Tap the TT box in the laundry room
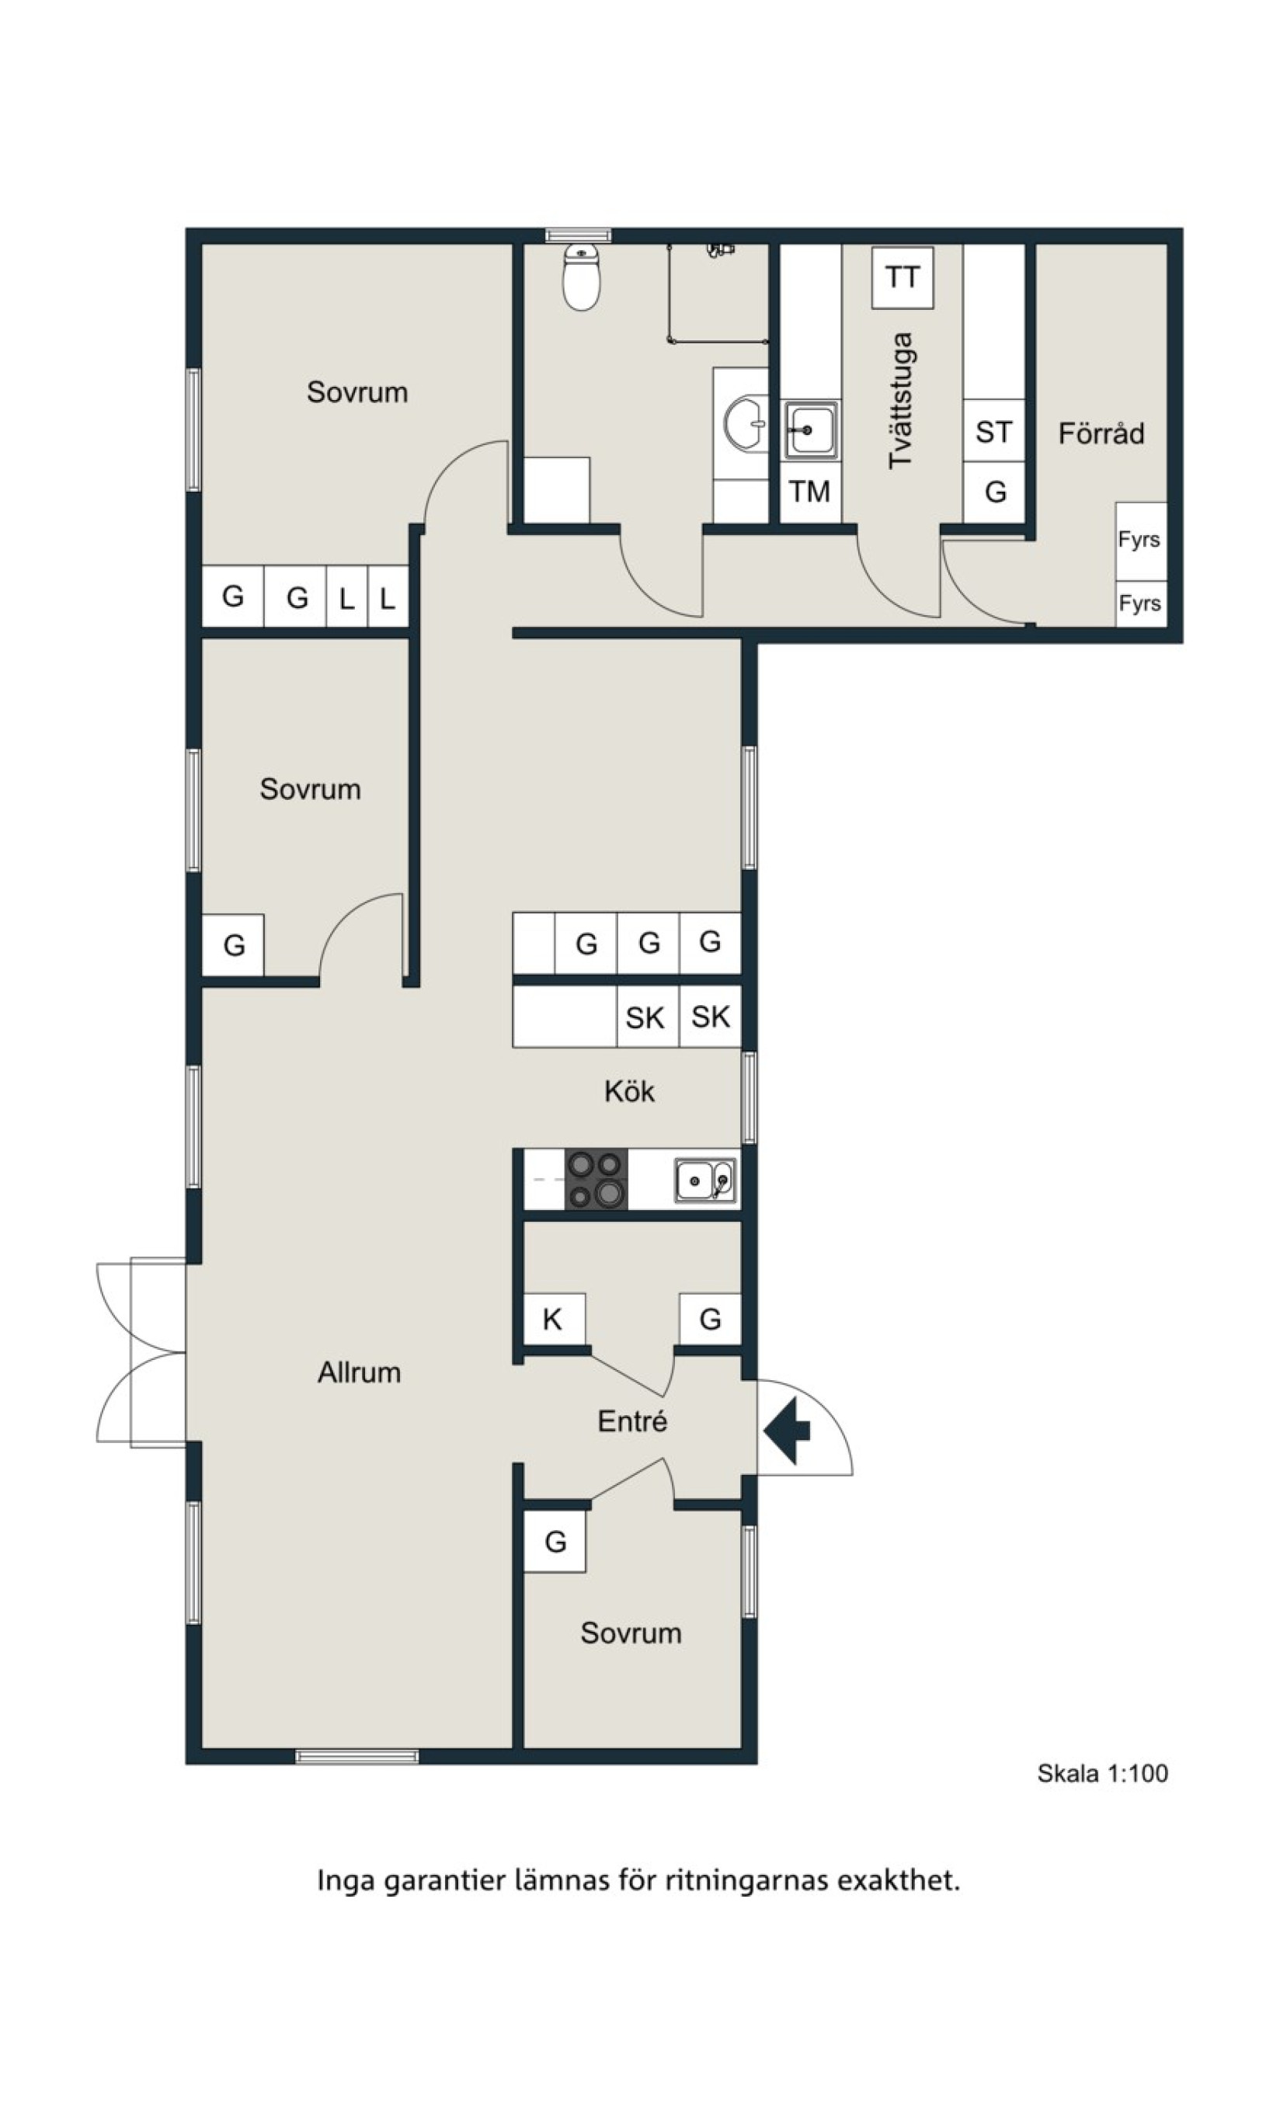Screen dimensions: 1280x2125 tap(903, 278)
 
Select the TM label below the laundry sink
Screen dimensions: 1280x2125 tap(809, 492)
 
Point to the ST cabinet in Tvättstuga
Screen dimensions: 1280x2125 tap(993, 431)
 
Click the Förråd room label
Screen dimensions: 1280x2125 tap(1101, 432)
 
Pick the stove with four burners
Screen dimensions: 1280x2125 tap(596, 1179)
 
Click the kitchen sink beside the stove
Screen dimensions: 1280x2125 tap(704, 1180)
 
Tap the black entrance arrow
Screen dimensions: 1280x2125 tap(787, 1430)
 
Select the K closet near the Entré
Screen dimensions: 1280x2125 tap(554, 1319)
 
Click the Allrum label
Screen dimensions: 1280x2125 tap(359, 1372)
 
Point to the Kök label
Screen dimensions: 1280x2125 tap(629, 1091)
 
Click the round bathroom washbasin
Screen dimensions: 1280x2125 tap(744, 423)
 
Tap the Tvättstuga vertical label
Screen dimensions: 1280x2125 tap(900, 401)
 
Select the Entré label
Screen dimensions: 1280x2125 tap(632, 1421)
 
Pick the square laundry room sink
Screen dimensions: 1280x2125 tap(810, 430)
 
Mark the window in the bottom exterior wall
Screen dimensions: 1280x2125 tap(357, 1756)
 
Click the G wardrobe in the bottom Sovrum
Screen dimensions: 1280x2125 tap(555, 1541)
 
